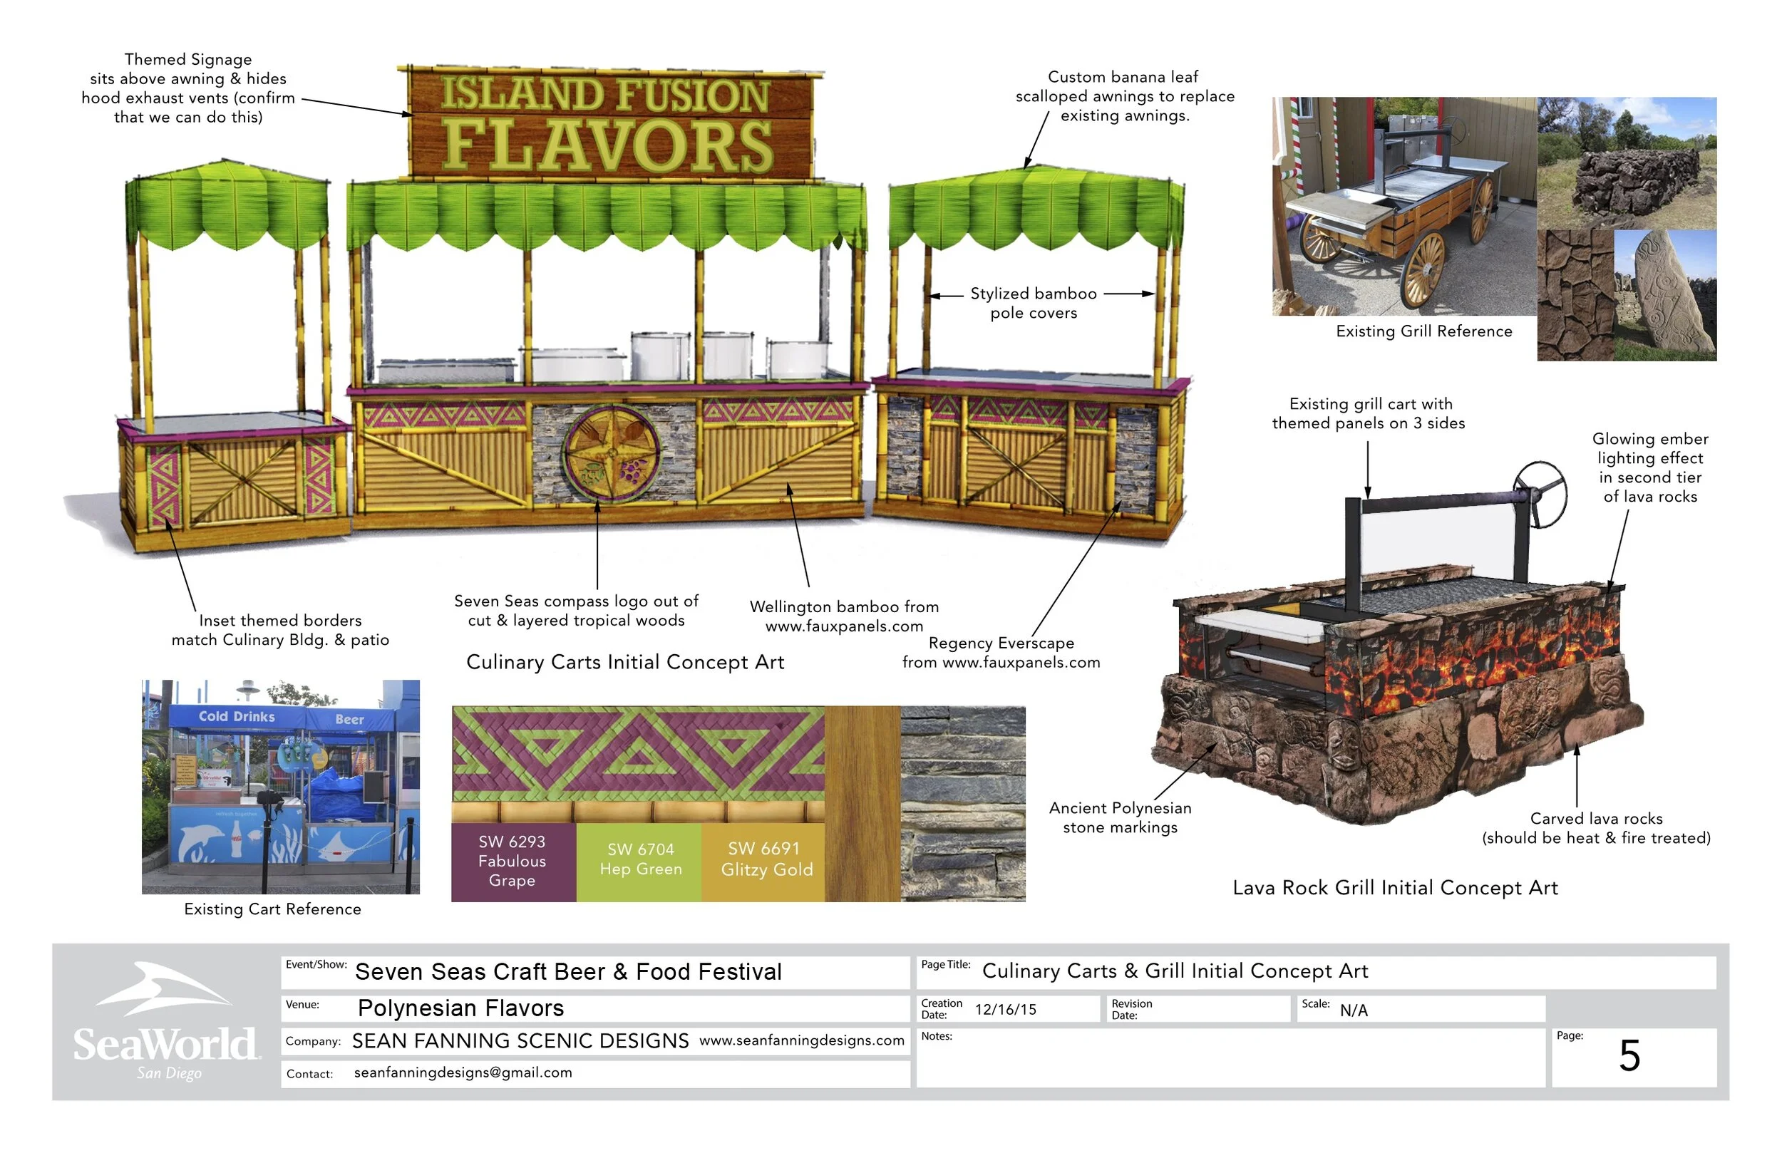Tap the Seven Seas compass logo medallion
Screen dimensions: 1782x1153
pos(612,454)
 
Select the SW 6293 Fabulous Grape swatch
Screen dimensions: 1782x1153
pos(513,861)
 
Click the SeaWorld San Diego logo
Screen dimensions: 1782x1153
pos(166,1023)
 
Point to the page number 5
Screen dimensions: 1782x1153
pos(1629,1055)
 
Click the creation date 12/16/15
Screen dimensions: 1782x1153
pos(1005,1009)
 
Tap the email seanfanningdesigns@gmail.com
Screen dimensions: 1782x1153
pos(463,1072)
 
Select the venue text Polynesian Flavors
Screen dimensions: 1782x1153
pos(460,1008)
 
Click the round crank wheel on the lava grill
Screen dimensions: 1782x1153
pos(1540,494)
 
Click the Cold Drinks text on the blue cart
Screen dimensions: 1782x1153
pos(237,716)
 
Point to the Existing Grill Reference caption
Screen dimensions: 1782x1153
pos(1423,331)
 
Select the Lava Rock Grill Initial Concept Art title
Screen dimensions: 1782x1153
pos(1395,887)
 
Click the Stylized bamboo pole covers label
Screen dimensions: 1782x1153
pos(1034,304)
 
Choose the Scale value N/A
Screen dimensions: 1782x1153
pos(1353,1010)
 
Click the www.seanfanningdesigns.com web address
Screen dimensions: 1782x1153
pos(801,1040)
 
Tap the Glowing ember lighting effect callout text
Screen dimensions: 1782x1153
pos(1649,467)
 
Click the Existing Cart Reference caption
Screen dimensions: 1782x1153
pos(272,909)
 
